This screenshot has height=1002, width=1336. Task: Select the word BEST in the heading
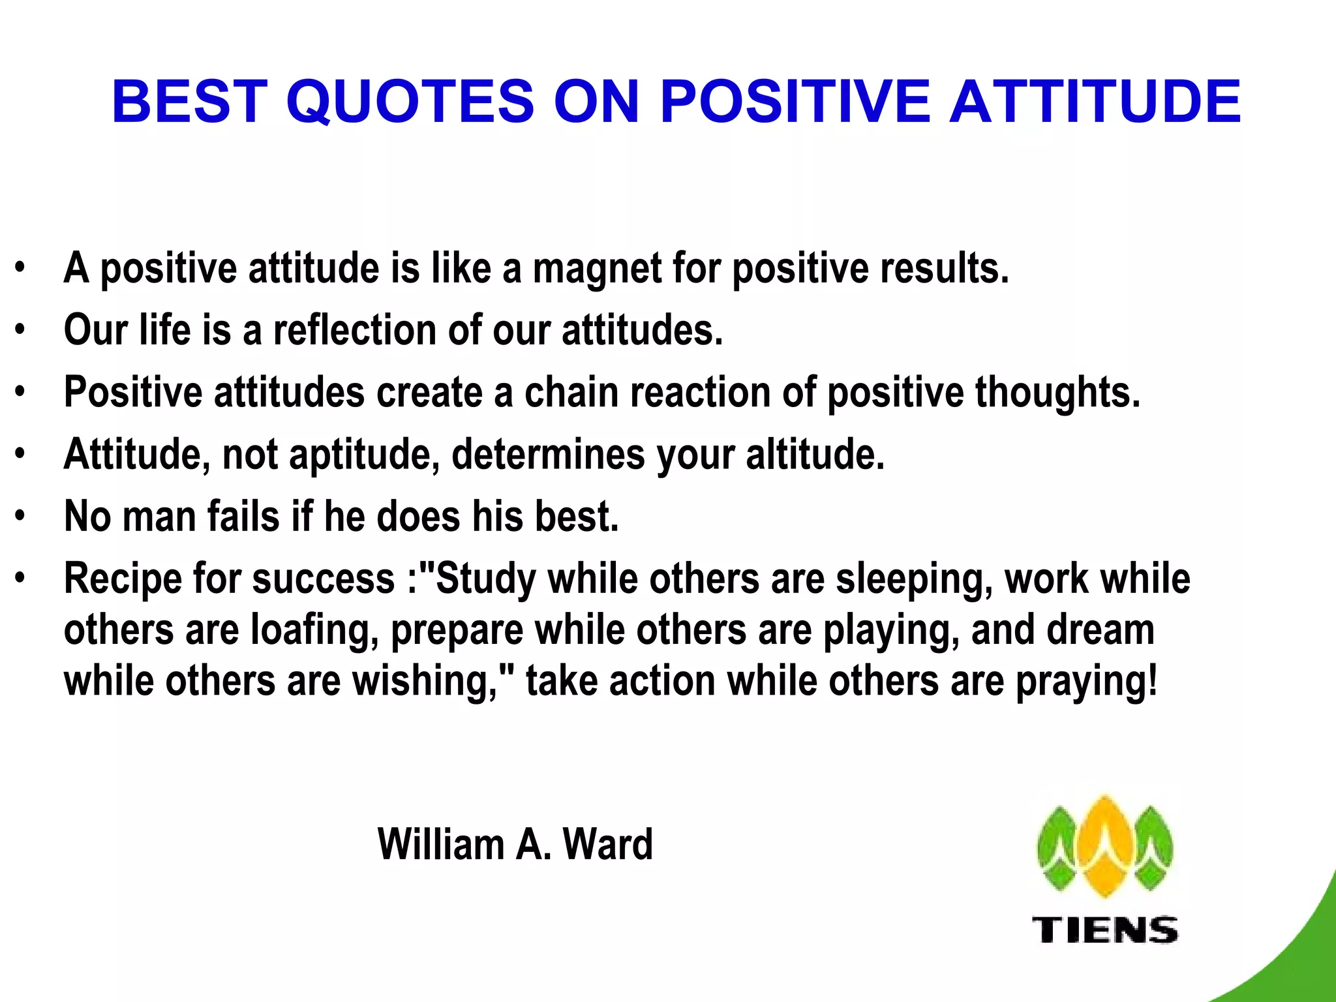pyautogui.click(x=190, y=102)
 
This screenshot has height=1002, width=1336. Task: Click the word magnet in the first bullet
pyautogui.click(x=597, y=269)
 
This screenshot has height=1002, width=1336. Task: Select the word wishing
pyautogui.click(x=425, y=682)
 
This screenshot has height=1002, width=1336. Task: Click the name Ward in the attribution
pyautogui.click(x=607, y=845)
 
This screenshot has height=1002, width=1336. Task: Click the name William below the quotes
pyautogui.click(x=440, y=845)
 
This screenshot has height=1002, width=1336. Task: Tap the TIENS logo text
pyautogui.click(x=1105, y=930)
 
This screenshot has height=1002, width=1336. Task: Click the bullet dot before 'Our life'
pyautogui.click(x=20, y=330)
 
